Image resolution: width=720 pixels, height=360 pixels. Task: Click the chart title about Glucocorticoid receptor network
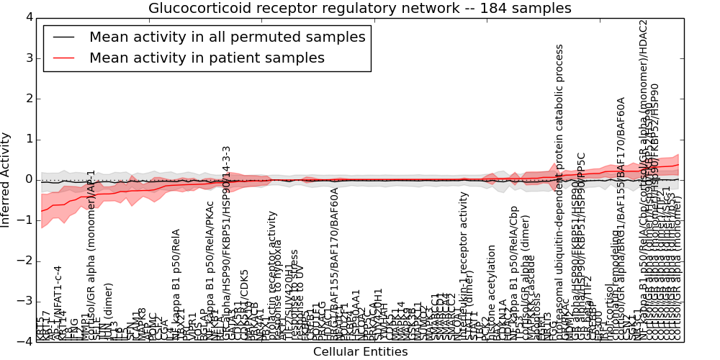[x=360, y=9]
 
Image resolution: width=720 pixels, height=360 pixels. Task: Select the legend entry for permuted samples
[x=227, y=37]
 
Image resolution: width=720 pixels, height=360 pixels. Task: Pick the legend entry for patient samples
[x=207, y=58]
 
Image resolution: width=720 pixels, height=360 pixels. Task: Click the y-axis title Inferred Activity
[x=6, y=179]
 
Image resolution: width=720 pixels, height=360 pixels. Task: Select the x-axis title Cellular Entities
[x=360, y=352]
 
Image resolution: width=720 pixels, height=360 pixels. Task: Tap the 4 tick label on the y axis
[x=28, y=17]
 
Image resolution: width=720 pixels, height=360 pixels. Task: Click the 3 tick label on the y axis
[x=28, y=58]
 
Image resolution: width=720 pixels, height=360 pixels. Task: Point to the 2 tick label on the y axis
[x=28, y=98]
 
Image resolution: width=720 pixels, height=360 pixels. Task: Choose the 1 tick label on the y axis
[x=28, y=139]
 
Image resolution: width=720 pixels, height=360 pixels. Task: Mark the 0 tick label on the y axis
[x=28, y=179]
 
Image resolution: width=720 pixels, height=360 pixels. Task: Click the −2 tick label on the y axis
[x=25, y=261]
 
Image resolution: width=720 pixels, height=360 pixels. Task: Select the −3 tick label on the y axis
[x=25, y=301]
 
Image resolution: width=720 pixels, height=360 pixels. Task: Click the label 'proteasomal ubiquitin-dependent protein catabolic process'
[x=560, y=191]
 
